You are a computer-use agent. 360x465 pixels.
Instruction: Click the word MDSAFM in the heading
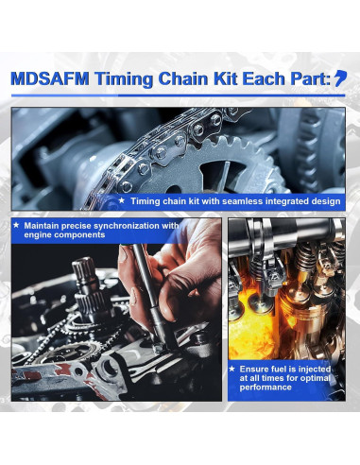click(x=50, y=78)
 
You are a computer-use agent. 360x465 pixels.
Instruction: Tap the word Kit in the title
click(x=225, y=78)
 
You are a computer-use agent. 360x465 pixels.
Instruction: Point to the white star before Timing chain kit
click(x=122, y=200)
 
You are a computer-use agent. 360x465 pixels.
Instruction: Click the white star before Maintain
click(x=16, y=225)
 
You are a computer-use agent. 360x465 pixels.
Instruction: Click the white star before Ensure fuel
click(x=231, y=369)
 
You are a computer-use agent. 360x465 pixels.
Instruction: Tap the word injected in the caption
click(x=315, y=370)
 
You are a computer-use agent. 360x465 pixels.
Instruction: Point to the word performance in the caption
click(x=266, y=387)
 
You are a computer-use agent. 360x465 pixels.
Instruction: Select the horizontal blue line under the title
click(x=178, y=95)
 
